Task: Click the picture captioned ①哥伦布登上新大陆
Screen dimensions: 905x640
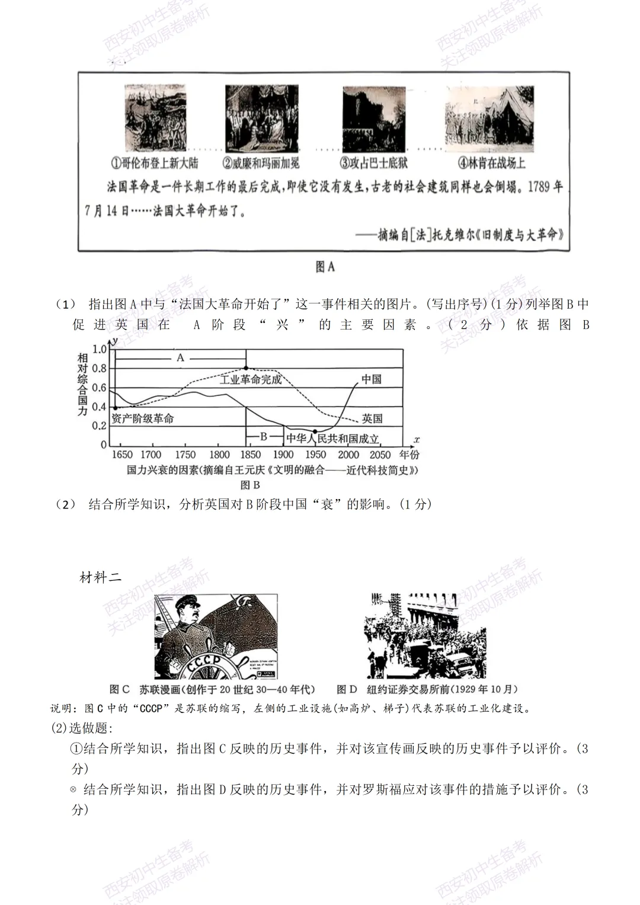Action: (x=155, y=118)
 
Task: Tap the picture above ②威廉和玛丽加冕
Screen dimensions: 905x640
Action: (x=261, y=118)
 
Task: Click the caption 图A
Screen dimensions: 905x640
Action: (x=325, y=267)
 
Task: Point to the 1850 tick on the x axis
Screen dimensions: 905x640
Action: (x=250, y=455)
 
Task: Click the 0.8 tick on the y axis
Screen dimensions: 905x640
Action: (x=99, y=368)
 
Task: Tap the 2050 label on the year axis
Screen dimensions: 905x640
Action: (x=380, y=455)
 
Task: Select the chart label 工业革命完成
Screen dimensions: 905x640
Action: (x=250, y=379)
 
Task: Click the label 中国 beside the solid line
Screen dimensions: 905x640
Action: (x=372, y=379)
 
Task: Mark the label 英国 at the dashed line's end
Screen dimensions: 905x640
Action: (x=372, y=418)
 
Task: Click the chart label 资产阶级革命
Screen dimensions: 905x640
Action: (x=143, y=418)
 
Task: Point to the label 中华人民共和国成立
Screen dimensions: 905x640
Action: (x=332, y=439)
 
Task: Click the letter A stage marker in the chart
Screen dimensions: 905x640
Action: (x=180, y=357)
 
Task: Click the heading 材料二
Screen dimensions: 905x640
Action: (x=100, y=577)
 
